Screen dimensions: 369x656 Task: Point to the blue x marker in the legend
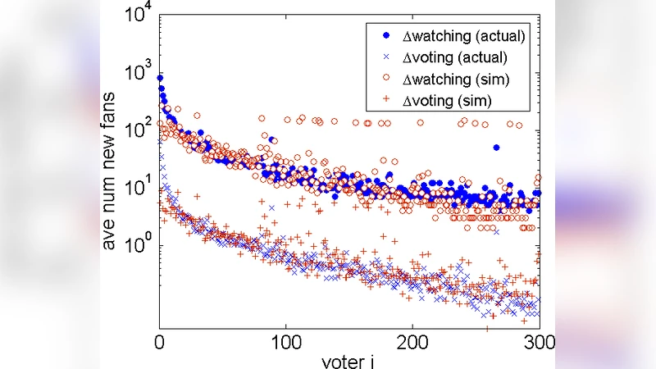(x=385, y=58)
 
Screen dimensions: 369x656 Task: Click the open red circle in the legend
(x=385, y=80)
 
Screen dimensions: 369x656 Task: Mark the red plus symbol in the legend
(x=385, y=100)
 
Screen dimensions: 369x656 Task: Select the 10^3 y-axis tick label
(x=139, y=72)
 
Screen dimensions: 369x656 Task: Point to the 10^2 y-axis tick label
(x=139, y=130)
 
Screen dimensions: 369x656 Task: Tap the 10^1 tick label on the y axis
(x=139, y=187)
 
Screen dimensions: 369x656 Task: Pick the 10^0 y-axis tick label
(x=139, y=244)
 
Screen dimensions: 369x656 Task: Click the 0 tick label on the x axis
(x=159, y=339)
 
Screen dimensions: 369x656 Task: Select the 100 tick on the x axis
(x=285, y=339)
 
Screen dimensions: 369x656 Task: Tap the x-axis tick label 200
(x=412, y=339)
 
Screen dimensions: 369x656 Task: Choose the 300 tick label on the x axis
(x=539, y=339)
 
